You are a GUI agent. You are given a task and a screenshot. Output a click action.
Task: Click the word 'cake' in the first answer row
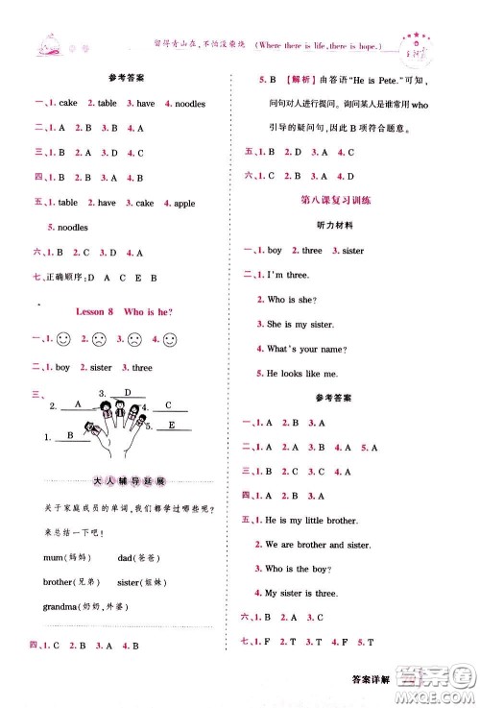[68, 103]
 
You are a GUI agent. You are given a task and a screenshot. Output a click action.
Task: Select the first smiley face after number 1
[62, 340]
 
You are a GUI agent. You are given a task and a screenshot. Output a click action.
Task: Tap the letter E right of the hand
[172, 425]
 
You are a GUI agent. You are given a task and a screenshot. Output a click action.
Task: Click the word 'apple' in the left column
[184, 203]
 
